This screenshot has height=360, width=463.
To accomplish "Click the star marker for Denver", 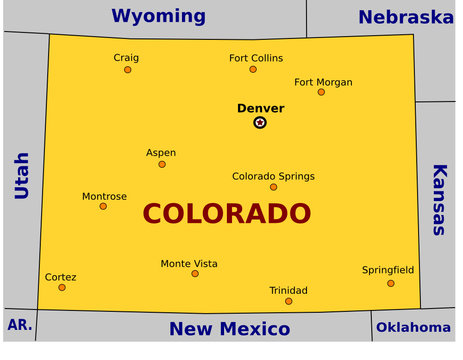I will tap(260, 122).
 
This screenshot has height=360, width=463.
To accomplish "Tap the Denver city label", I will tap(260, 108).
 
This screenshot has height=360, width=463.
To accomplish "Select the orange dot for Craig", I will tap(127, 70).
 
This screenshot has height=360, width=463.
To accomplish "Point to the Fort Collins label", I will tap(256, 58).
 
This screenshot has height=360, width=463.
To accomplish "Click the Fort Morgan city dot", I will tap(321, 92).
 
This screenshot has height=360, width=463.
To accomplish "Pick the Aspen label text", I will tap(161, 153).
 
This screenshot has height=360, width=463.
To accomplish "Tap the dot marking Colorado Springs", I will tap(273, 187).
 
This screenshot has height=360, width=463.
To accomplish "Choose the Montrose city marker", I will tap(103, 206).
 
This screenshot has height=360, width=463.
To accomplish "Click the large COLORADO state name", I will tap(226, 214).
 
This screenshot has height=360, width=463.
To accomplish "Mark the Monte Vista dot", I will tap(195, 274).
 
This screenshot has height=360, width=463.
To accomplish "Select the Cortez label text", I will tap(60, 277).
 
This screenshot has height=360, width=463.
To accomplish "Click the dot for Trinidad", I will tap(289, 301).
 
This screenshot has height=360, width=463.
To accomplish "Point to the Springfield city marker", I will tap(391, 283).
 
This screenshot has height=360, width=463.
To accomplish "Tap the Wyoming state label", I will tap(158, 16).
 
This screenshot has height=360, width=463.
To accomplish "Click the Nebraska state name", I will tap(405, 17).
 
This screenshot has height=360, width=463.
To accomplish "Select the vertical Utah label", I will tap(22, 176).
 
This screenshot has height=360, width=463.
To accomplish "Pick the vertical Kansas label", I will tap(440, 199).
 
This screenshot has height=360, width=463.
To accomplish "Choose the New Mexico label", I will tap(229, 329).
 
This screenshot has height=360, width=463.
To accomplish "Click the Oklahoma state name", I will tap(413, 327).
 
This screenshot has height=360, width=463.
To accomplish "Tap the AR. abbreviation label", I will tap(19, 325).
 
